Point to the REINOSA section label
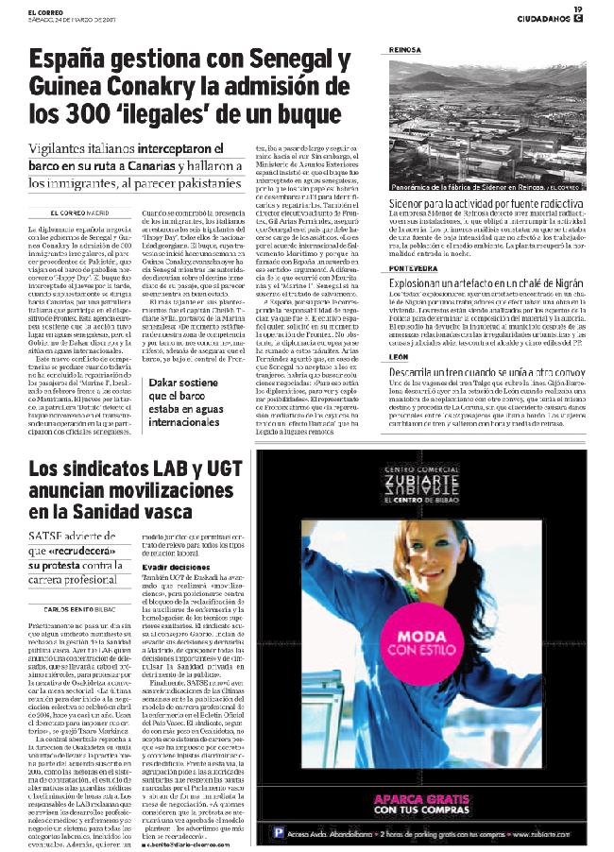pyautogui.click(x=408, y=50)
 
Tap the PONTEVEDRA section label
pyautogui.click(x=416, y=268)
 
